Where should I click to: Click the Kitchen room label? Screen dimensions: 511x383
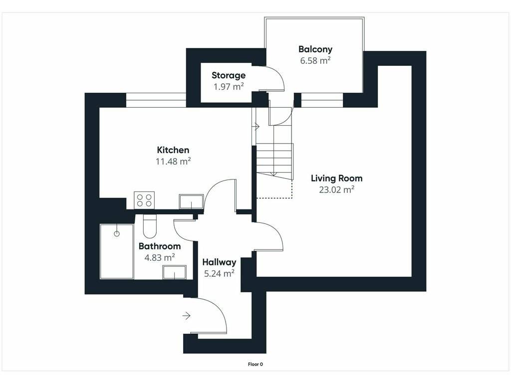click(173, 150)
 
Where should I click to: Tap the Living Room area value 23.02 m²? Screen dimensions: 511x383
click(337, 190)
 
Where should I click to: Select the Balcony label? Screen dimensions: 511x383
click(315, 49)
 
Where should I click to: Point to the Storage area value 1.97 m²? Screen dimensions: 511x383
click(229, 87)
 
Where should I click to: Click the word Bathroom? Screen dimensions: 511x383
click(160, 246)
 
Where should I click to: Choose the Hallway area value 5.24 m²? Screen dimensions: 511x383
click(220, 274)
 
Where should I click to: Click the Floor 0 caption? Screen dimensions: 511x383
click(255, 364)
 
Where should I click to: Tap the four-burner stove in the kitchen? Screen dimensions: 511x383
click(144, 200)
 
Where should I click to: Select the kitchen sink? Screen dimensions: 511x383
click(191, 201)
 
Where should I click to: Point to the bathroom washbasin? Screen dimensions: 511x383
click(175, 272)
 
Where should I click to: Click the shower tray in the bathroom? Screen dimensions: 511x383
click(117, 251)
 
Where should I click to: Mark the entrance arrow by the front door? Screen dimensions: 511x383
click(187, 316)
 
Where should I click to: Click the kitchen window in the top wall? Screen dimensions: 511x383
click(156, 100)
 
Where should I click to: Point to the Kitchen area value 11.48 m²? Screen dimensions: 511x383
click(173, 161)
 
